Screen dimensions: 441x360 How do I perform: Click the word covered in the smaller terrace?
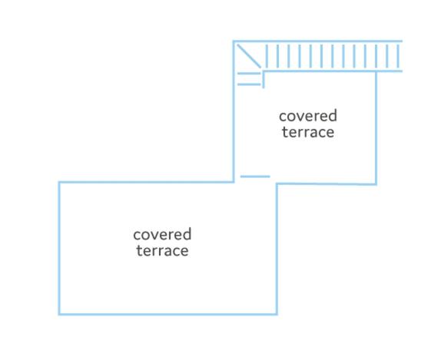point(308,116)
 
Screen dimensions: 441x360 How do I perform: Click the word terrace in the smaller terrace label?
point(308,132)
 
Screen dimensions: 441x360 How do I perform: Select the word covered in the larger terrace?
point(162,234)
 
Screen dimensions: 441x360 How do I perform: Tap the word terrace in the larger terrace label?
point(162,250)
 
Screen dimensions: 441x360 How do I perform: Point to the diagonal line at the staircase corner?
point(249,56)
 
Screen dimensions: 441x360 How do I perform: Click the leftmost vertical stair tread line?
point(267,56)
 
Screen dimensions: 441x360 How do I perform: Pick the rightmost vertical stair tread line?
point(398,56)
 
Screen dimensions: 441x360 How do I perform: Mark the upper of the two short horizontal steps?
point(249,74)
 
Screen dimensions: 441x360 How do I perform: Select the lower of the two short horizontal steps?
point(249,84)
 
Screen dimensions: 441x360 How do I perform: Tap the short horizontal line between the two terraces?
point(255,177)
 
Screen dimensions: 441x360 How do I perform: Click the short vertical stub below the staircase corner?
point(264,80)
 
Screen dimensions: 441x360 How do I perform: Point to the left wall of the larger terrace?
point(59,248)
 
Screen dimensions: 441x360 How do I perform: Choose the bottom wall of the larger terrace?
point(168,314)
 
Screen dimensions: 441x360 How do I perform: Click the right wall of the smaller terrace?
point(376,128)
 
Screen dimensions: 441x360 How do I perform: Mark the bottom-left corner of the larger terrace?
point(59,314)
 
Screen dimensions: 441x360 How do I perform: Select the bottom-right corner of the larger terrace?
point(277,314)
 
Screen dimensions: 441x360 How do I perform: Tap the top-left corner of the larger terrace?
point(59,183)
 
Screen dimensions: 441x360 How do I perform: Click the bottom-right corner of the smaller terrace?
point(376,184)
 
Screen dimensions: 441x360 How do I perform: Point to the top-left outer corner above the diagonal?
point(234,41)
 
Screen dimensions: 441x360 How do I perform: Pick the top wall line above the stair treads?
point(318,41)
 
